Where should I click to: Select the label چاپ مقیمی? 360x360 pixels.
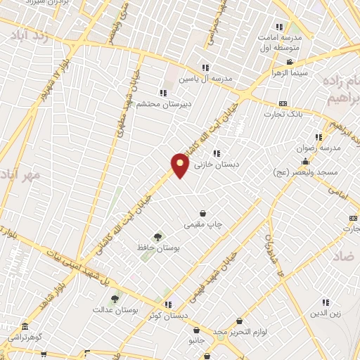(202, 224)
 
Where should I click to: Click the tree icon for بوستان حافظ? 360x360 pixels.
(157, 238)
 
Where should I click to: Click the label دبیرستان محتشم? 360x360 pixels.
(163, 103)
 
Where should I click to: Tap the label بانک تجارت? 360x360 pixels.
(283, 114)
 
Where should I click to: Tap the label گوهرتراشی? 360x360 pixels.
(25, 337)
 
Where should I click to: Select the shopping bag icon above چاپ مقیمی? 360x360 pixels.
(202, 213)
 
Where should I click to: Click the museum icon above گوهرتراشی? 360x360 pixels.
(25, 327)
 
